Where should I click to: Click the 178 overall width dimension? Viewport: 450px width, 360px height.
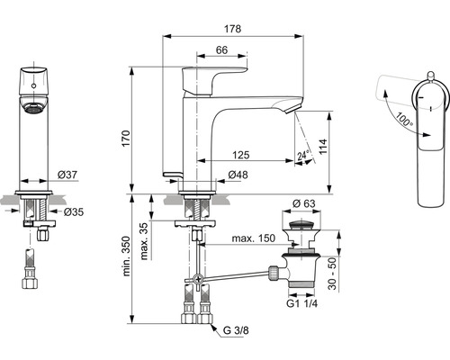[x=232, y=29]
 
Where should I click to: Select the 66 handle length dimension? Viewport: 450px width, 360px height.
[x=221, y=49]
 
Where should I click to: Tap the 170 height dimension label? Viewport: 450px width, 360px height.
[x=126, y=139]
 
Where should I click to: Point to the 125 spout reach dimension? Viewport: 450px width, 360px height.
[x=241, y=155]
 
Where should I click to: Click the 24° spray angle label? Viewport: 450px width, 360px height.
[x=303, y=155]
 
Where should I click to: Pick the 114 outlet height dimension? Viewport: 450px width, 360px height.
[x=323, y=147]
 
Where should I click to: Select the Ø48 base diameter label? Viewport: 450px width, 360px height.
[x=238, y=175]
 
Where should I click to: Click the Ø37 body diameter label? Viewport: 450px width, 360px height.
[x=67, y=175]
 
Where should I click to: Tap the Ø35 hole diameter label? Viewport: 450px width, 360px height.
[x=74, y=211]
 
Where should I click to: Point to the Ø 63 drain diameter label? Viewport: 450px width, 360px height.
[x=303, y=203]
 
